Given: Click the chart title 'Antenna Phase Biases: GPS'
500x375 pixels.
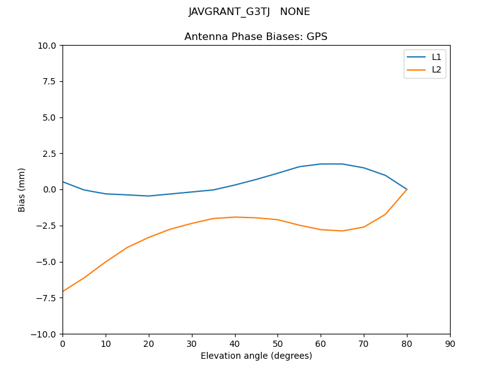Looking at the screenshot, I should coord(256,37).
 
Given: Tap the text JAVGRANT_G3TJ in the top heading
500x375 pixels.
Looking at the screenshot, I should coord(229,12).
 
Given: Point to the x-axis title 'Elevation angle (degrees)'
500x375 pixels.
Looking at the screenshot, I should coord(256,356).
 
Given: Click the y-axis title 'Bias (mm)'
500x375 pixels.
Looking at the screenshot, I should coord(22,189).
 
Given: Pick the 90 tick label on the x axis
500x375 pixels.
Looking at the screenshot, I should coord(450,344).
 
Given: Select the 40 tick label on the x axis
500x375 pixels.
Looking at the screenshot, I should coord(234,344).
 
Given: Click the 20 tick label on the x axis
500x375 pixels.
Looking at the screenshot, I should coord(149,344).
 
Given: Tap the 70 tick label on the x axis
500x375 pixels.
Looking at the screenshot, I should coord(364,344).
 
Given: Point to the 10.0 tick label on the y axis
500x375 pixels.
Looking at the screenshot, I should coord(47,46).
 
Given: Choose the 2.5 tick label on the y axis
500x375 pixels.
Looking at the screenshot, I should coord(50,154).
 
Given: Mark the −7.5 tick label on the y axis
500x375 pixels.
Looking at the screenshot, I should coord(47,297).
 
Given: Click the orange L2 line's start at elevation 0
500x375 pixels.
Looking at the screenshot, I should coord(63,291).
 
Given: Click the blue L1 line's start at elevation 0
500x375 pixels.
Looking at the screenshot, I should coord(63,182).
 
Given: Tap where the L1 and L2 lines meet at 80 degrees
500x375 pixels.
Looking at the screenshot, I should coord(407,189).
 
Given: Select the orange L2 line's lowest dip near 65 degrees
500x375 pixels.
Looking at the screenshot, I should coord(342,231).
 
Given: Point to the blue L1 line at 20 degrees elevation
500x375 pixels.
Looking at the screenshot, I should coord(149,196).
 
